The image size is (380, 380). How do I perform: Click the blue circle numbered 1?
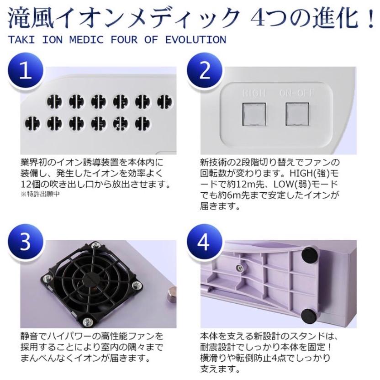point(26,72)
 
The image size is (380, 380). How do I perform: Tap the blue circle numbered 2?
point(205,72)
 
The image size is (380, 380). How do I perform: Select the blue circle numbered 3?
point(26,243)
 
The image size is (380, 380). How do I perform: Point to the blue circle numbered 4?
point(205,243)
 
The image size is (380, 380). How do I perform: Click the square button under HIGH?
point(254,114)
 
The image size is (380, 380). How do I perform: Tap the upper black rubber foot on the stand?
point(310,254)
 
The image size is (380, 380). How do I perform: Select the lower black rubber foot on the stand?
point(310,316)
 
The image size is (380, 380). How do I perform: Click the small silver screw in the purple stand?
point(239,268)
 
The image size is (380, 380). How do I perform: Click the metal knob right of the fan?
point(171,295)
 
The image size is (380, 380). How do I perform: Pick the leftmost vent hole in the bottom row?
point(32,123)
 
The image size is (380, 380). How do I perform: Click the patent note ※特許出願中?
point(40,194)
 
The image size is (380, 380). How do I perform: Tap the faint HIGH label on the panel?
point(254,93)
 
